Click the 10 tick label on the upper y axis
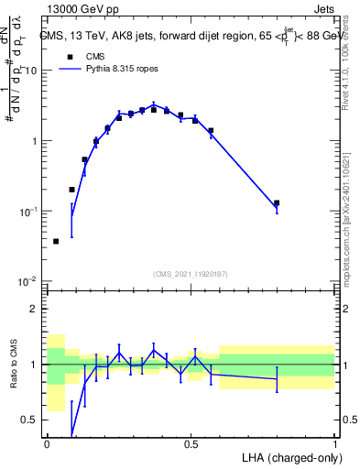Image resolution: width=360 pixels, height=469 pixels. [x=32, y=71]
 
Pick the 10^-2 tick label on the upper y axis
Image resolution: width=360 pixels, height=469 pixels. [x=30, y=281]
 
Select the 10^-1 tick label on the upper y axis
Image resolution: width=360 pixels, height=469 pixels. [x=30, y=212]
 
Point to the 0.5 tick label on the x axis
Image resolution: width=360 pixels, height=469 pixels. [x=191, y=444]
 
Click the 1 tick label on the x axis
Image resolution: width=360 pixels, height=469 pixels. [x=334, y=444]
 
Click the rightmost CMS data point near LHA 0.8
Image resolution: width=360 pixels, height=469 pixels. [x=277, y=203]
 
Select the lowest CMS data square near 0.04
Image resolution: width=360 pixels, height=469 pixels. [x=57, y=241]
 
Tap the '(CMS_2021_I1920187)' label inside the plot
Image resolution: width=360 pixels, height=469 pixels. [x=191, y=274]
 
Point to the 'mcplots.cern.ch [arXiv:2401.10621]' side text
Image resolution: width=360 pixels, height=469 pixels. [x=352, y=211]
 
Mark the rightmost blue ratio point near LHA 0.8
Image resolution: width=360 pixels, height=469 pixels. [x=277, y=378]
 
